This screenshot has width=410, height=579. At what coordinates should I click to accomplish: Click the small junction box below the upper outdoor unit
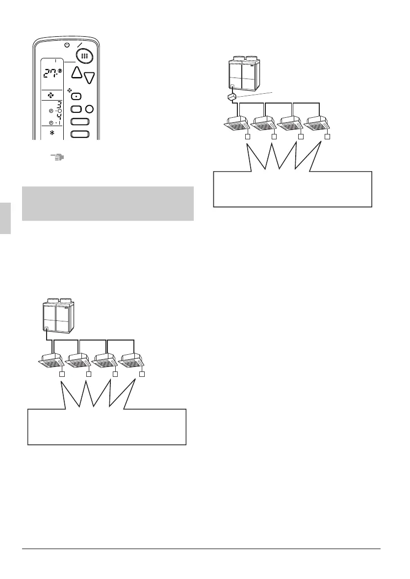pyautogui.click(x=232, y=98)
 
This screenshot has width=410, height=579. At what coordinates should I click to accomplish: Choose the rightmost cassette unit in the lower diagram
pyautogui.click(x=133, y=362)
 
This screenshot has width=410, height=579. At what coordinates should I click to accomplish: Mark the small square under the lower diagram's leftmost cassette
pyautogui.click(x=62, y=374)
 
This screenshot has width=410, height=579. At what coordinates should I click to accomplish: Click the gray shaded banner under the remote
pyautogui.click(x=108, y=203)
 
